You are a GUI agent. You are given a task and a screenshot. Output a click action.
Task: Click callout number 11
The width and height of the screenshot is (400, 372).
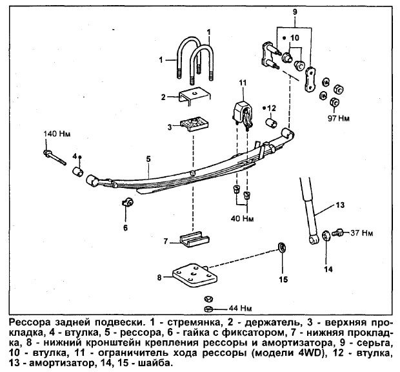tap(243, 82)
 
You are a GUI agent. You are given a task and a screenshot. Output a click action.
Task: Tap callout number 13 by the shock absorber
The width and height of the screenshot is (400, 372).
tap(340, 206)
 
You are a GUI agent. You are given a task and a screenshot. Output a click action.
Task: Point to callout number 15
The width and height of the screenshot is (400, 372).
tap(283, 280)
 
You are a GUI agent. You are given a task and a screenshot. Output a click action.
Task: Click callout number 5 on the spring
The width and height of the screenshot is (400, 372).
tap(148, 158)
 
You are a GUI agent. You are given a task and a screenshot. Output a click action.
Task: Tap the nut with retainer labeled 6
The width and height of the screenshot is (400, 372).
tap(126, 204)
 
